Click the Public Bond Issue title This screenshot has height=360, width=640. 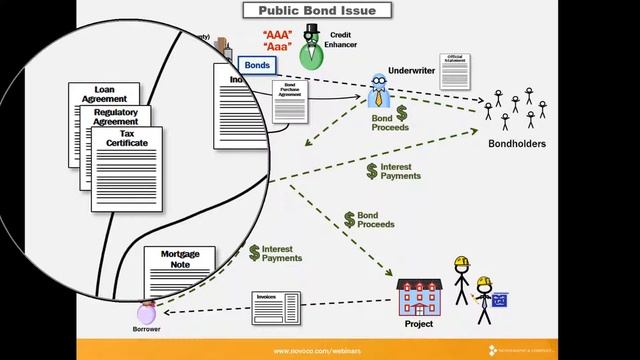click(x=317, y=11)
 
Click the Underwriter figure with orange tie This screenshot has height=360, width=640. click(x=379, y=90)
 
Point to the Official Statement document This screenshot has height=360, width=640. click(x=455, y=72)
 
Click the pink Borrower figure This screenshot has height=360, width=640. click(x=147, y=312)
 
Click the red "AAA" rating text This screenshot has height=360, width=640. click(x=277, y=36)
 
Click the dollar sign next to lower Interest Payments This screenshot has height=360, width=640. click(x=254, y=252)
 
